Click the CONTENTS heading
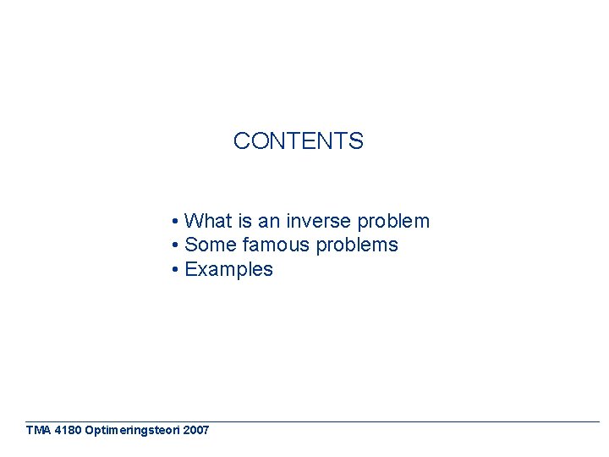298,141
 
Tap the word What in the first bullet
208,222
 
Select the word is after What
244,222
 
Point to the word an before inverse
269,222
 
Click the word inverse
319,222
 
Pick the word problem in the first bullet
393,222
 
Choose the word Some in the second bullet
211,245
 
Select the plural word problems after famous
356,246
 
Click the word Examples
228,270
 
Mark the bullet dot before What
173,223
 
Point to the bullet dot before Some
173,246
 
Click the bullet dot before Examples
173,271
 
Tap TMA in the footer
38,430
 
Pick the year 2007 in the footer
195,430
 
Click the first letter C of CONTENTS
241,141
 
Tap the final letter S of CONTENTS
356,141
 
